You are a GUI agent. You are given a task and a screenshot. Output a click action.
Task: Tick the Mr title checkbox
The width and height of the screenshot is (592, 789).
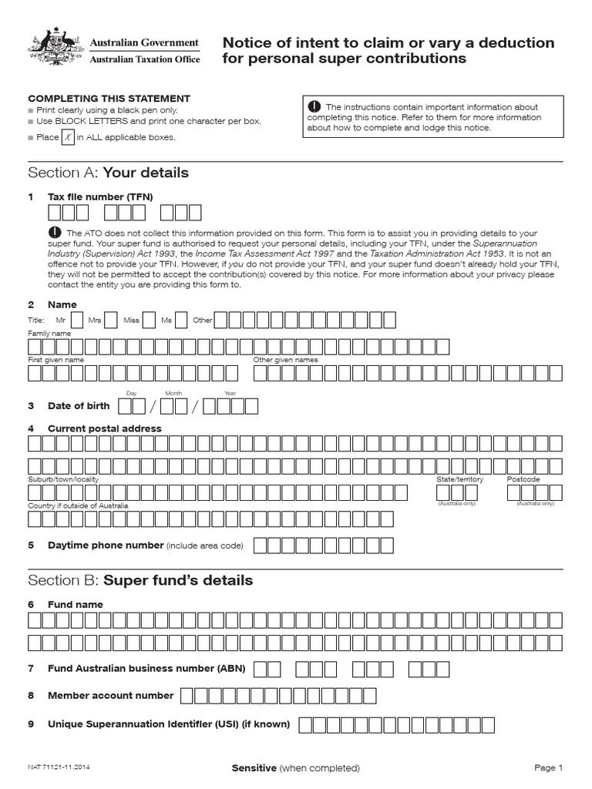[x=77, y=320]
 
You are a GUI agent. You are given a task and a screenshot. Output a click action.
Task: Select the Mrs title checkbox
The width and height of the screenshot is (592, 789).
[x=111, y=320]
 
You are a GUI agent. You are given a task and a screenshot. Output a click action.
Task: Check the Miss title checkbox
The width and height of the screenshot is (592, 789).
[x=150, y=320]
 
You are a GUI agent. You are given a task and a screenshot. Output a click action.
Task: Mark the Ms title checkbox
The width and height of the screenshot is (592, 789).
[x=182, y=320]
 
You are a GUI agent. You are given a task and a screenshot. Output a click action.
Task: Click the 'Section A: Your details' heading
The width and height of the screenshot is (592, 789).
[x=108, y=172]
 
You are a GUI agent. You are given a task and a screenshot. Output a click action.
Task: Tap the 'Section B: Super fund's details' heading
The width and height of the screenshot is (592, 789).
[x=140, y=579]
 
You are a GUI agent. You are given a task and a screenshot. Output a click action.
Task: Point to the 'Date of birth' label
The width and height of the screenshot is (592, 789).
[x=79, y=406]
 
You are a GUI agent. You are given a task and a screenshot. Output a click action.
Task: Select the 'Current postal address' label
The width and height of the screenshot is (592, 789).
[x=105, y=428]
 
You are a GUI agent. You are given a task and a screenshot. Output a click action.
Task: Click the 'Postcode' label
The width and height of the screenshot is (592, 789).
[x=523, y=479]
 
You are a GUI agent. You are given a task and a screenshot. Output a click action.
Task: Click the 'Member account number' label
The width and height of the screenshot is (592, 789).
[x=111, y=696]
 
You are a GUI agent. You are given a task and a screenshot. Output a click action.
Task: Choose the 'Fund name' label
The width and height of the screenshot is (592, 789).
[x=76, y=605]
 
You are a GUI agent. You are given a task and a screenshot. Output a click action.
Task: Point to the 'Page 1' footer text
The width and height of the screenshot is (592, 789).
[x=549, y=768]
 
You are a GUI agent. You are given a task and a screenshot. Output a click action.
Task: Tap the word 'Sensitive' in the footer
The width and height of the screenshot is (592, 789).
[x=254, y=768]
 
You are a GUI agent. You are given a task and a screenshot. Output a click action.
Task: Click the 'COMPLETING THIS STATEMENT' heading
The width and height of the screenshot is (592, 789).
[x=109, y=99]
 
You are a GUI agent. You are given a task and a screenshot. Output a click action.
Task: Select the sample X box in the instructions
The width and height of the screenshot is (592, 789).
[x=69, y=136]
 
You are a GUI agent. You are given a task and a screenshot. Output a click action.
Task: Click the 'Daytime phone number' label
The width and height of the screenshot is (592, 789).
[x=106, y=546]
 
